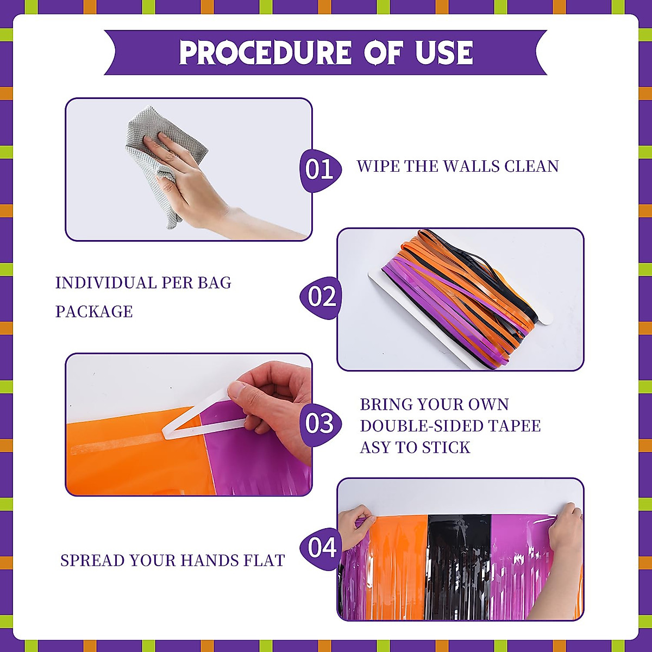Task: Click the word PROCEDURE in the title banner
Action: click(x=265, y=53)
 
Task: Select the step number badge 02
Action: click(x=321, y=297)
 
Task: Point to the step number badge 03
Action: click(x=320, y=424)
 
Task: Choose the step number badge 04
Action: click(x=321, y=547)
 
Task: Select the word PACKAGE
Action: click(x=94, y=312)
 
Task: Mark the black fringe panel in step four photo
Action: click(x=459, y=565)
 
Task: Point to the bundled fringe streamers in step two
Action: click(x=462, y=293)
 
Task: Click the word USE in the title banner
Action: click(x=444, y=53)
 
